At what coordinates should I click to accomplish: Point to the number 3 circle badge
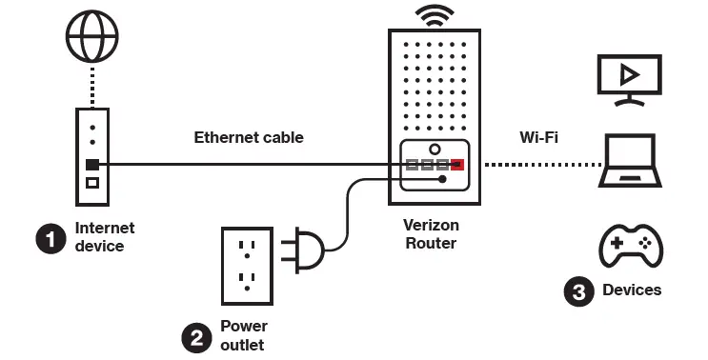click(577, 290)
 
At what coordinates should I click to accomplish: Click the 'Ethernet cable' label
click(249, 137)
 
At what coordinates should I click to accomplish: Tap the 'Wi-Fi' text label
click(538, 137)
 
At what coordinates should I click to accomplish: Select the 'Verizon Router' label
click(432, 234)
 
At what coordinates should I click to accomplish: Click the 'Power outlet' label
click(243, 335)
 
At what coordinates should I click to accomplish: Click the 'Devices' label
click(632, 290)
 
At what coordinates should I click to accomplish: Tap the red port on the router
click(458, 165)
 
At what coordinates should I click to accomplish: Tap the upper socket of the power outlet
click(247, 248)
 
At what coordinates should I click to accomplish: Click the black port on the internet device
click(92, 165)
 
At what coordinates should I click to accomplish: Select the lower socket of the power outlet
click(247, 281)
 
